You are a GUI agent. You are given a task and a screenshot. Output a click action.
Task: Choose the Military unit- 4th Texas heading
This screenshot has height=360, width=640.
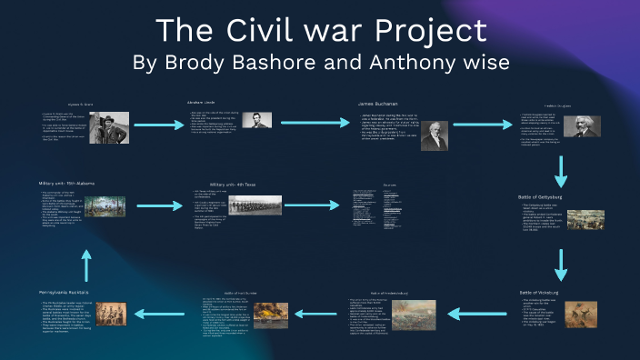tap(233, 185)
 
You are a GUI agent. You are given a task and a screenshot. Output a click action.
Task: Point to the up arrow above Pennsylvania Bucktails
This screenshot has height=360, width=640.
tap(87, 264)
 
